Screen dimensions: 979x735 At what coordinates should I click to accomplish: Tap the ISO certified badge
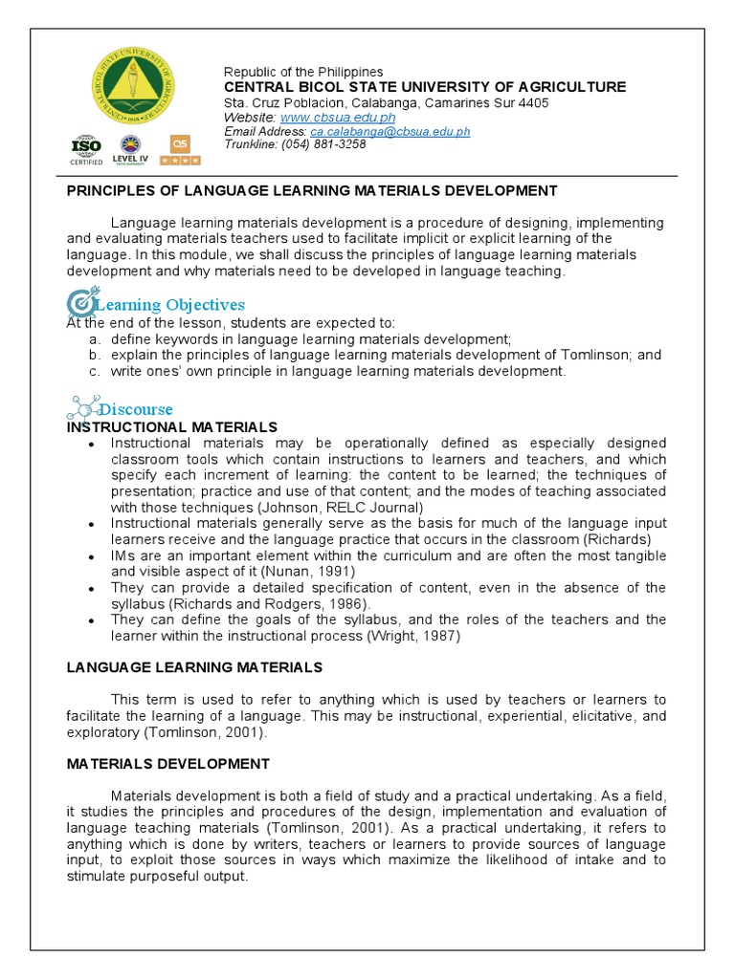click(86, 149)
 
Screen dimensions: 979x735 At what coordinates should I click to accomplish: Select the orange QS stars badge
click(180, 149)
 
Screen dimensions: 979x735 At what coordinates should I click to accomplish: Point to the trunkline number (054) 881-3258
click(323, 144)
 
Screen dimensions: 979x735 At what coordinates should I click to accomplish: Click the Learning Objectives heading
click(169, 304)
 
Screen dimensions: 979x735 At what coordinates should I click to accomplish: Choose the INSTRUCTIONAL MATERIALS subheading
click(171, 426)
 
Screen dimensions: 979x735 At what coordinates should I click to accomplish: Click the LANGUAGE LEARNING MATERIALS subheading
click(194, 666)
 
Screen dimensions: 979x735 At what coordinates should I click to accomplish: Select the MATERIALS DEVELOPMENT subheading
click(167, 764)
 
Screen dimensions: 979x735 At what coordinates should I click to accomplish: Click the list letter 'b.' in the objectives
click(95, 355)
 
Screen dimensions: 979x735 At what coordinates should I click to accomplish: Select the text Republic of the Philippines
click(303, 72)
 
